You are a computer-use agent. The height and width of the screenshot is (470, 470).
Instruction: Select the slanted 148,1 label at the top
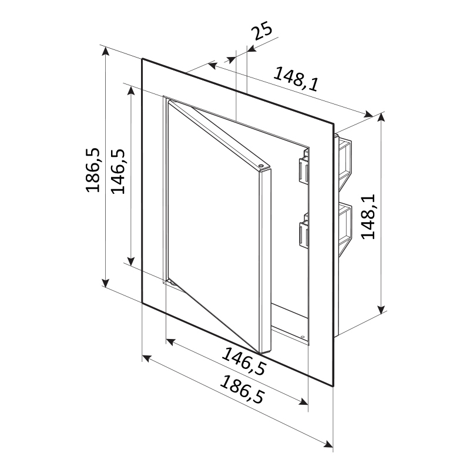coord(296,79)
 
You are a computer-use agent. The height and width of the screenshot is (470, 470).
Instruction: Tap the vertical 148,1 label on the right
coord(369,217)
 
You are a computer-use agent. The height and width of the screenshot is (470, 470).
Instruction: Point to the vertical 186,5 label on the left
coord(93,170)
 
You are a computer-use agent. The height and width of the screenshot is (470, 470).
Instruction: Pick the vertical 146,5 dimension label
coord(118,172)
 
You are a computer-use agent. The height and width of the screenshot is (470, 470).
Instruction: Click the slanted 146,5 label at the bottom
coord(243,361)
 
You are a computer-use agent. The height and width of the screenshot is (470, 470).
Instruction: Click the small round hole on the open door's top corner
coord(260,165)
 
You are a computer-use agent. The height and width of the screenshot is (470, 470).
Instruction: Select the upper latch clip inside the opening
coord(303,167)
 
